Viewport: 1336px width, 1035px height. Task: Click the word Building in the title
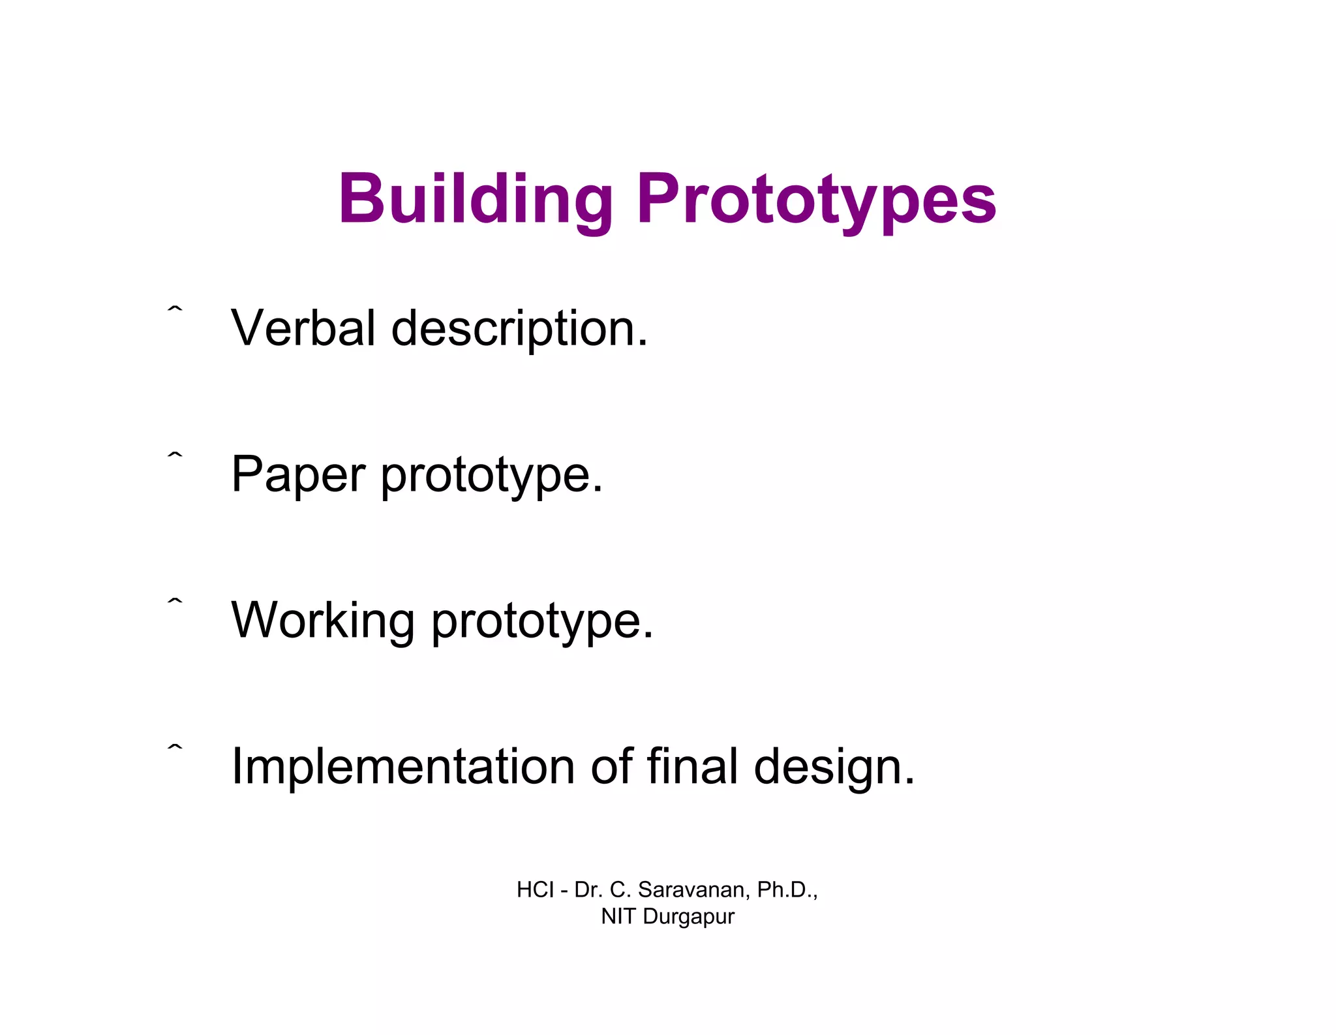tap(476, 198)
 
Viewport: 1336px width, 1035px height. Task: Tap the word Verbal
tap(303, 328)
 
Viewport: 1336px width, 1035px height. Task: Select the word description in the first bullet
tap(519, 329)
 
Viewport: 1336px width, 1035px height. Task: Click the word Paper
tap(298, 475)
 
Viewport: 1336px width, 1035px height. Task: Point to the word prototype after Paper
tap(491, 476)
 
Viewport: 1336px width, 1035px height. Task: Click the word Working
tap(323, 621)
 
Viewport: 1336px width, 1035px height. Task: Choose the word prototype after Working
tap(541, 622)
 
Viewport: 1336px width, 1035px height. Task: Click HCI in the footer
tap(535, 889)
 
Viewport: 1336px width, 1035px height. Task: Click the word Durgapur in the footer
tap(688, 917)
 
